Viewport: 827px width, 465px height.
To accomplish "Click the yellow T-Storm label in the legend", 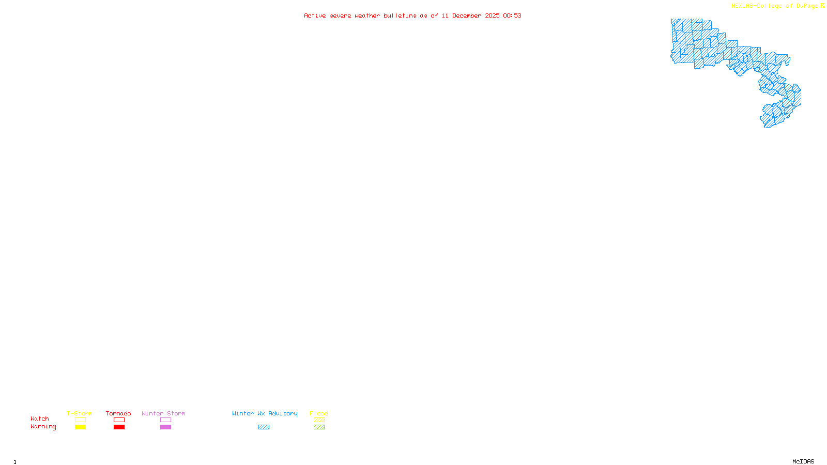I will [x=80, y=413].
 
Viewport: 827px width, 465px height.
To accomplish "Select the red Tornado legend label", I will [x=118, y=413].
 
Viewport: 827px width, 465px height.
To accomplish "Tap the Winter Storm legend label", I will [x=163, y=413].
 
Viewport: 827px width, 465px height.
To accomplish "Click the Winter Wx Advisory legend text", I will [x=265, y=413].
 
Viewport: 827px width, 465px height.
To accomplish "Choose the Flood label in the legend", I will [x=319, y=413].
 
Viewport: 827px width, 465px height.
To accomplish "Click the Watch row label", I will [x=40, y=419].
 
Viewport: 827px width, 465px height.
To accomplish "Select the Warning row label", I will [x=43, y=427].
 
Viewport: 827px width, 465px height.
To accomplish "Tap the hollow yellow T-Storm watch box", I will [x=80, y=420].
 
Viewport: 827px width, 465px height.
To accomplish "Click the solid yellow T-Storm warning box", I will [x=80, y=427].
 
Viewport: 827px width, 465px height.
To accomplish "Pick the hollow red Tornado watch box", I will [x=119, y=420].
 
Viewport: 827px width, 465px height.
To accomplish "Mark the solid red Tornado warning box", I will [x=119, y=427].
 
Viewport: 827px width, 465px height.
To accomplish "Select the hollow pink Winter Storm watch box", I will [x=165, y=420].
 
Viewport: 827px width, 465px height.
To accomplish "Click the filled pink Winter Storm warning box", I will [x=165, y=427].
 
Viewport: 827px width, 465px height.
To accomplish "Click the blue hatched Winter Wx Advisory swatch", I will [x=264, y=427].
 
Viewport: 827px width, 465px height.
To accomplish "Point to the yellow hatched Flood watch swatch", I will [x=319, y=420].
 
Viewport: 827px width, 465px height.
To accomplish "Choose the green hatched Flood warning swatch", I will [x=319, y=427].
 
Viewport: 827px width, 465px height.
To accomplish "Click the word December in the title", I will [x=467, y=16].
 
